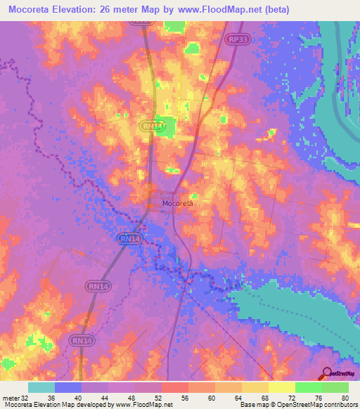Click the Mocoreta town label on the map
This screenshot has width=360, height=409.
pyautogui.click(x=177, y=204)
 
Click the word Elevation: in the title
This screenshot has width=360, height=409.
pyautogui.click(x=85, y=11)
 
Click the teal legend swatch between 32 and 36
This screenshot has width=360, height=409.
pyautogui.click(x=41, y=387)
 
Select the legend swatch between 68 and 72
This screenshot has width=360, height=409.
pyautogui.click(x=282, y=387)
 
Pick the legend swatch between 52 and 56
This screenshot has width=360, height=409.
pyautogui.click(x=175, y=387)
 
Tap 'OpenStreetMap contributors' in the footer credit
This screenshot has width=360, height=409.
pyautogui.click(x=317, y=405)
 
